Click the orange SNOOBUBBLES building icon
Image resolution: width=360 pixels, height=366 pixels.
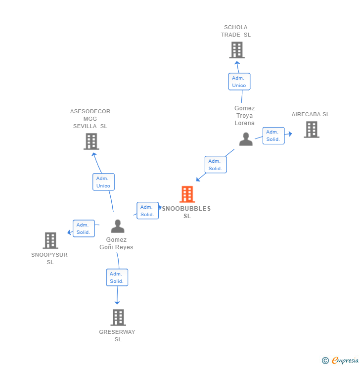coord(187,194)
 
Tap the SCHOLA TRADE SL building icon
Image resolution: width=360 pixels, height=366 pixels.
coord(237,50)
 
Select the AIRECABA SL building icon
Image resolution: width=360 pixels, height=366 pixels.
coord(311,130)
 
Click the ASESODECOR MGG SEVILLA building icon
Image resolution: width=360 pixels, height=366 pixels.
coord(91,141)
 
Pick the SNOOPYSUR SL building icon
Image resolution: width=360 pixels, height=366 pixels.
coord(50,240)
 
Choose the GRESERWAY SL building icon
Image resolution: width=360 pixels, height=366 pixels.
coord(118,317)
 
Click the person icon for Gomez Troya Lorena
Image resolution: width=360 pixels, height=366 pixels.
coord(246,139)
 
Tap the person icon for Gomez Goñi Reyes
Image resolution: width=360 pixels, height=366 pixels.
coord(118,227)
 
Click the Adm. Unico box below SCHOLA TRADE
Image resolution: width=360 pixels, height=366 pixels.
coord(239,82)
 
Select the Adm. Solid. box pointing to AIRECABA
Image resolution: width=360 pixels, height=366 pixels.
coord(273,136)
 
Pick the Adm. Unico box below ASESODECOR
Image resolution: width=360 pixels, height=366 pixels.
coord(103,182)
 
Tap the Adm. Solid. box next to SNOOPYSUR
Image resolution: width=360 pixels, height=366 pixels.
coord(83,229)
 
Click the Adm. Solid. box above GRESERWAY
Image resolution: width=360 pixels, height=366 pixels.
coord(117,277)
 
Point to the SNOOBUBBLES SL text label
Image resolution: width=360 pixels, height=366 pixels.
coord(187,212)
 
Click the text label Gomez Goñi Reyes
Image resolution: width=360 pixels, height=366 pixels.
coord(116,243)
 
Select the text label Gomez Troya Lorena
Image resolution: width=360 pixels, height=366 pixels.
coord(244,116)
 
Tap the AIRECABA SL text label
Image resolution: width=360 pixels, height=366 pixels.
coord(310,114)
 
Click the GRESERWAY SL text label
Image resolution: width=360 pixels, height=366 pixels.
coord(117,335)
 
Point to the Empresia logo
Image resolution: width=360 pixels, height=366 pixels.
coord(345,361)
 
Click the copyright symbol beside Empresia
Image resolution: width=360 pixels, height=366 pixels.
coord(325,361)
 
